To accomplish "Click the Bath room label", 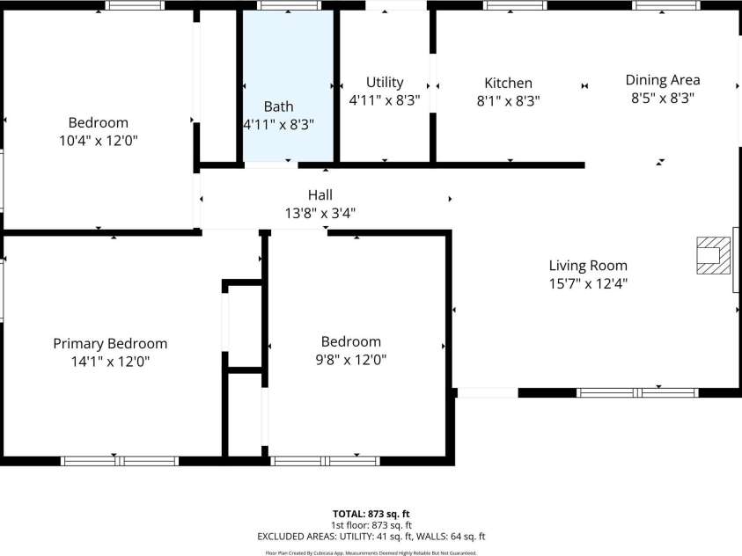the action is point(278,106).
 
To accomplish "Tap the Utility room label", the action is point(385,83).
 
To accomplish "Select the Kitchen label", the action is point(508,84).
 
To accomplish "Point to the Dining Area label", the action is point(663,80).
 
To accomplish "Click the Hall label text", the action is point(320,194).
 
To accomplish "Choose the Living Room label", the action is point(588,266).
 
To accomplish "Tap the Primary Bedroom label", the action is point(110,344).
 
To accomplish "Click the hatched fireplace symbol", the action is point(713,255).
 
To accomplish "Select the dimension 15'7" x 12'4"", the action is point(588,283).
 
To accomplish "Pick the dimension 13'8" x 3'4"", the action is point(320,213).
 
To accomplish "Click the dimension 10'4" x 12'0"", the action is point(99,141).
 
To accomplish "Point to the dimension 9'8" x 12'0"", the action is point(351,360).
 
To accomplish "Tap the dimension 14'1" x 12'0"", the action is point(110,362).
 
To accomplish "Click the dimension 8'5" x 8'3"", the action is point(663,99).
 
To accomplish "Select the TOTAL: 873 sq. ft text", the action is point(371,514).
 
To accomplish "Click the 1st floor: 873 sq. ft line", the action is point(371,525).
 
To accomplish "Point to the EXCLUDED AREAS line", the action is point(371,537).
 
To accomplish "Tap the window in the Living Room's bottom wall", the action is point(637,392).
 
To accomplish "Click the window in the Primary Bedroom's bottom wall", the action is point(120,461).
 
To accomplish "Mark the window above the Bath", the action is point(289,5).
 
